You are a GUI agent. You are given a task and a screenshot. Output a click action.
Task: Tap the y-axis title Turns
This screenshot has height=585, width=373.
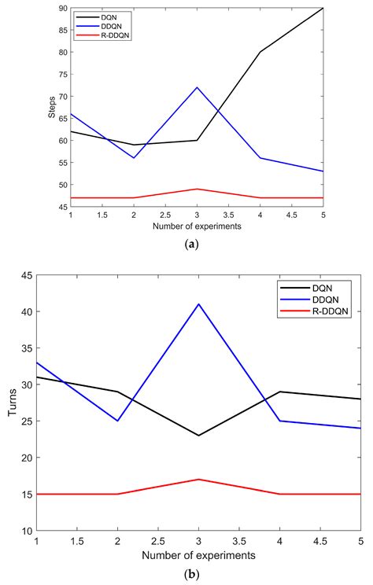tap(13, 403)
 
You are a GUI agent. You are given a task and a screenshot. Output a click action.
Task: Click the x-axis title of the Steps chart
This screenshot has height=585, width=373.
tap(197, 226)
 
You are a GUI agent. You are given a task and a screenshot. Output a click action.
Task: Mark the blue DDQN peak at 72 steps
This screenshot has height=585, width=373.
tap(197, 87)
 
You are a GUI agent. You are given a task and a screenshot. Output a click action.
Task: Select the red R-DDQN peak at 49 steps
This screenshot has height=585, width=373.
tap(197, 189)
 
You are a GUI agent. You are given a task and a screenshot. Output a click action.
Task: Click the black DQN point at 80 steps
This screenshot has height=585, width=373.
tap(260, 52)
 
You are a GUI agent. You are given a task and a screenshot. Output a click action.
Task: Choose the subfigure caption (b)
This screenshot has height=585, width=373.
tap(186, 575)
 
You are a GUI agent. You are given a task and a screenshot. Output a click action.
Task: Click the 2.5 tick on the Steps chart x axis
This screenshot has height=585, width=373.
tap(165, 215)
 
